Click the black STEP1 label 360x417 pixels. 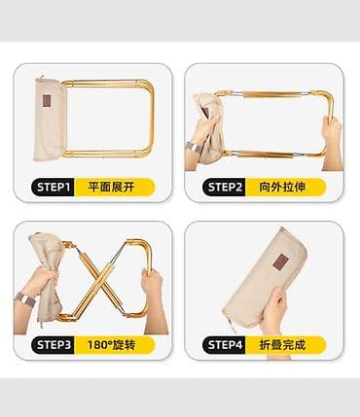click(x=53, y=188)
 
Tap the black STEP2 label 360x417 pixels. click(x=224, y=188)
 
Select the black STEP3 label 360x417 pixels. click(x=53, y=345)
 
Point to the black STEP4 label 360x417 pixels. click(x=224, y=345)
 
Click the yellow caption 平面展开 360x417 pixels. click(x=111, y=188)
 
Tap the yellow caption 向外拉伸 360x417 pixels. click(x=282, y=188)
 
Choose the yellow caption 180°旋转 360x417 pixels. click(x=111, y=345)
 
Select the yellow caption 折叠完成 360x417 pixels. click(x=282, y=345)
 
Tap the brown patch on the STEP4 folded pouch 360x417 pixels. click(x=281, y=261)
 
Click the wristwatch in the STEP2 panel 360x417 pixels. click(x=194, y=147)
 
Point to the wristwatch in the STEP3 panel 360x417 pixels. click(x=24, y=299)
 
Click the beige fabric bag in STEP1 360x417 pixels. click(x=50, y=120)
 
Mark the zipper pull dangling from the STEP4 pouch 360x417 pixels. click(x=232, y=325)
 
